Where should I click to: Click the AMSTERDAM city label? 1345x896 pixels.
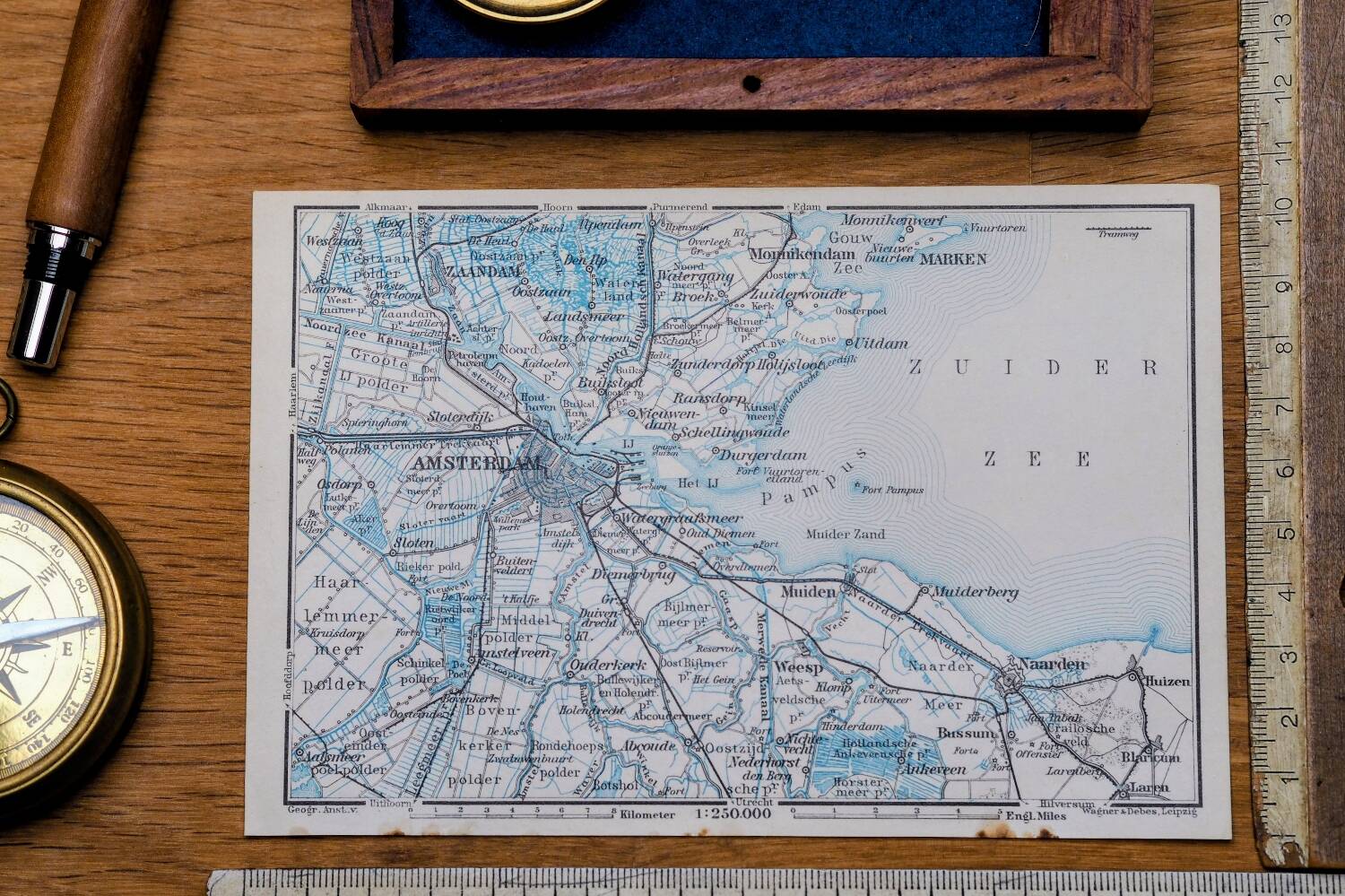pyautogui.click(x=477, y=464)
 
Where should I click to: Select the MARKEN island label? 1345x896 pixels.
pyautogui.click(x=952, y=259)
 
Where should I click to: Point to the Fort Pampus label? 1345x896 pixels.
pyautogui.click(x=894, y=491)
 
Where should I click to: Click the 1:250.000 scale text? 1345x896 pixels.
pyautogui.click(x=733, y=814)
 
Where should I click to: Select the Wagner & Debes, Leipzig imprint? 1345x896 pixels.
pyautogui.click(x=1139, y=812)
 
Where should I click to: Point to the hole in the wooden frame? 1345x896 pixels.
pyautogui.click(x=751, y=84)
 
